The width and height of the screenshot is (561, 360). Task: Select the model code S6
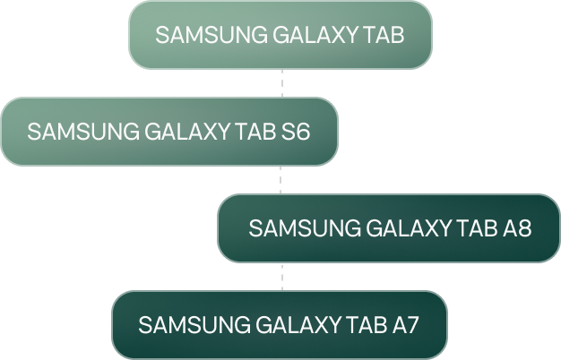click(x=295, y=132)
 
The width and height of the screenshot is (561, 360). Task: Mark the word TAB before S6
click(x=255, y=132)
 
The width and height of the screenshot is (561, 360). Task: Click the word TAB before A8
click(x=475, y=228)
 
